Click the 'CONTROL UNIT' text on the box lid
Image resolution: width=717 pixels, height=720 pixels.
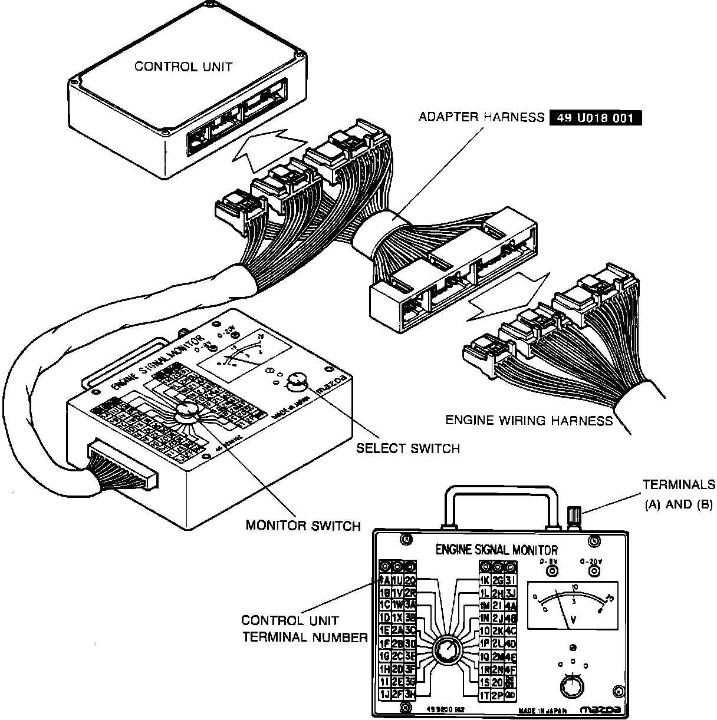[183, 66]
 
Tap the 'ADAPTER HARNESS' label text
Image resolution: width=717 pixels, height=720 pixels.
[481, 117]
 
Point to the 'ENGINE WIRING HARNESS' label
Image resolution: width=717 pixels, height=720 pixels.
[529, 421]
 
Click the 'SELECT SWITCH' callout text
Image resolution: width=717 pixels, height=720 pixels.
[407, 448]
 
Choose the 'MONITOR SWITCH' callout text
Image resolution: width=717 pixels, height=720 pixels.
[302, 525]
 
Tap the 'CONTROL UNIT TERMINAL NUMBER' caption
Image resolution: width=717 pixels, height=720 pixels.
[304, 629]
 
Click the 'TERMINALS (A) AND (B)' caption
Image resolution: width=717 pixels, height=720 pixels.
[678, 494]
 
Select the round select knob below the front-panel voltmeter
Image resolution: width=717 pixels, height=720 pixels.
[570, 687]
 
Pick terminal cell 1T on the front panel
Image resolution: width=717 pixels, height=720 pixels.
[485, 695]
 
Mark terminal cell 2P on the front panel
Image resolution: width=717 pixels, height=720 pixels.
[498, 695]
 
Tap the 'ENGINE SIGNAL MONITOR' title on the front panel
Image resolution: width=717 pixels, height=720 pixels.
[496, 550]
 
